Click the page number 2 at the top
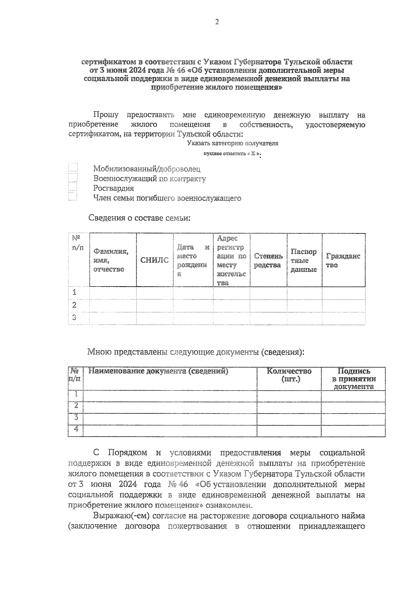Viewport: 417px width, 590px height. pyautogui.click(x=217, y=22)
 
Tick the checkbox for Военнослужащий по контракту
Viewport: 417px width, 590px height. pyautogui.click(x=73, y=178)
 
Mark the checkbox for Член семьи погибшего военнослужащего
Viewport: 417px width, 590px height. pyautogui.click(x=73, y=197)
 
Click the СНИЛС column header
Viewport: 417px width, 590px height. pyautogui.click(x=155, y=260)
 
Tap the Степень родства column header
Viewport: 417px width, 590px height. pyautogui.click(x=268, y=261)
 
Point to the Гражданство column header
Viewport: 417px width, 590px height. pyautogui.click(x=343, y=261)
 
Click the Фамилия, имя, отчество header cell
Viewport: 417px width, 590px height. pyautogui.click(x=111, y=260)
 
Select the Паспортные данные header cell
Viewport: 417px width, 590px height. pyautogui.click(x=304, y=261)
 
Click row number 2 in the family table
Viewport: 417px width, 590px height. pyautogui.click(x=74, y=305)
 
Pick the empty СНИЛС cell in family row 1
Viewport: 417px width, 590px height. pyautogui.click(x=155, y=293)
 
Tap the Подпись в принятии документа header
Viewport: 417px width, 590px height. pyautogui.click(x=353, y=379)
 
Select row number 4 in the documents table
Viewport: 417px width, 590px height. pyautogui.click(x=76, y=430)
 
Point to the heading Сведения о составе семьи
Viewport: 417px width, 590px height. pyautogui.click(x=139, y=218)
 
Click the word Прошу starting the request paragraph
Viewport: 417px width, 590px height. pyautogui.click(x=106, y=115)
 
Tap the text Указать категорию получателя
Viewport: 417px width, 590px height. pyautogui.click(x=232, y=143)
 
